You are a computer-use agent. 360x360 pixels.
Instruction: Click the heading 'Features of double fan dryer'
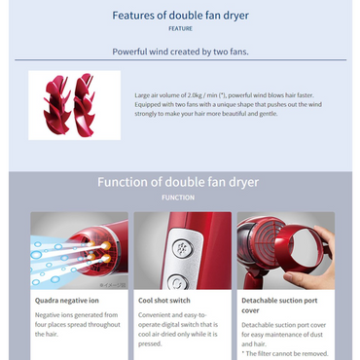(179, 16)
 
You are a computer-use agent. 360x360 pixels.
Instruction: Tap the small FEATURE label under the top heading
(179, 29)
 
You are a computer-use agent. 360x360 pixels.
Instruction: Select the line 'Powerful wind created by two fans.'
(179, 51)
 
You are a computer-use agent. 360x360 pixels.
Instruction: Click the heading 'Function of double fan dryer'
(179, 182)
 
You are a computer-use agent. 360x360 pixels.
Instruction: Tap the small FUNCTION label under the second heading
(179, 198)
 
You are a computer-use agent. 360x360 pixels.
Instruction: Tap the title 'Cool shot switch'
(163, 302)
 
